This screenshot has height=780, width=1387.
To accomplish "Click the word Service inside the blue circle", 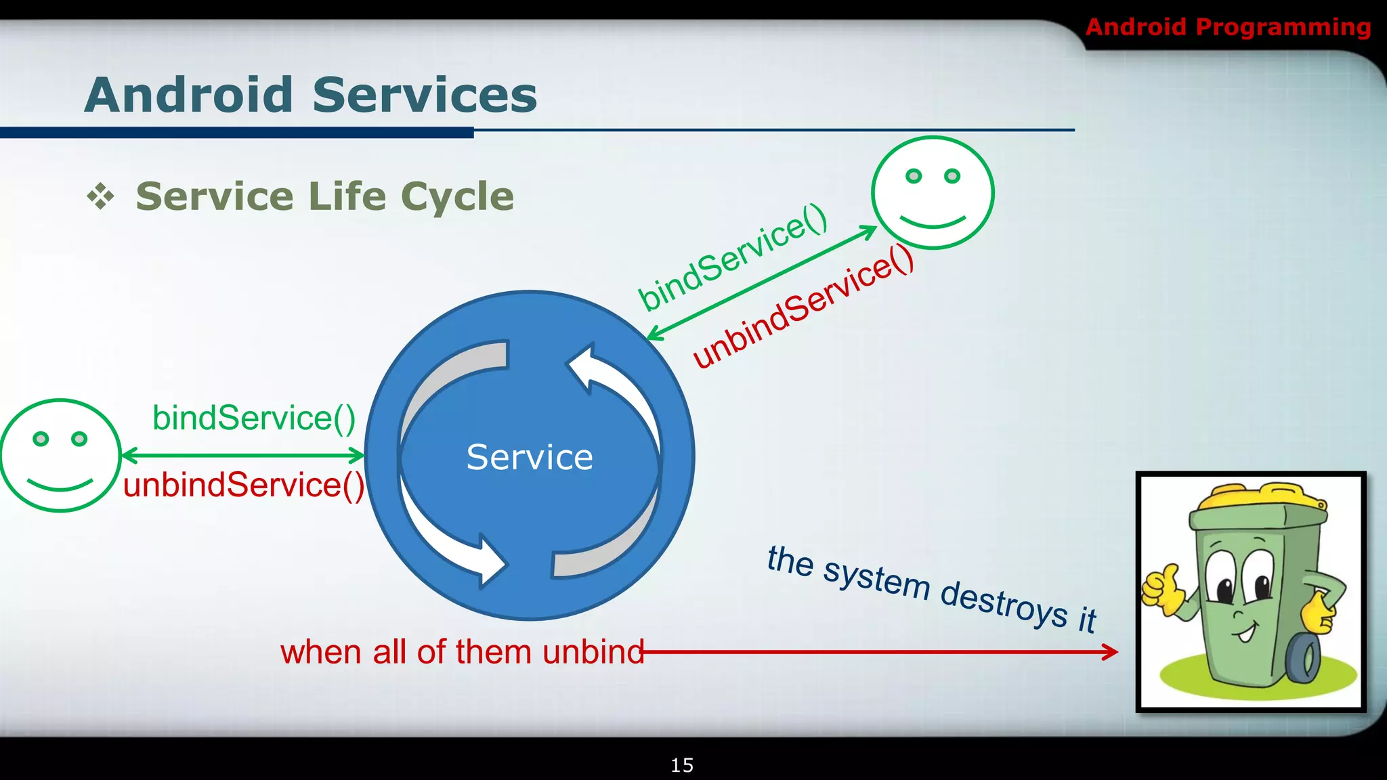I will (530, 457).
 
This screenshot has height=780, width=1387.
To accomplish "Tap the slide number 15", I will (682, 765).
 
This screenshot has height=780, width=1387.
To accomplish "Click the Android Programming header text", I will (1228, 27).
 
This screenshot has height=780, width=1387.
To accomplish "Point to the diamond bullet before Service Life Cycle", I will (101, 196).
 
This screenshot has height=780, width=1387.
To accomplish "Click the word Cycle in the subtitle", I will (457, 197).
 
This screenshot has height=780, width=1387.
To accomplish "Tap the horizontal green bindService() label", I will (254, 418).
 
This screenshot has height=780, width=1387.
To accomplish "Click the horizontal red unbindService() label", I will (244, 485).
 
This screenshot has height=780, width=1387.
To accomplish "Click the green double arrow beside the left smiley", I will (242, 456).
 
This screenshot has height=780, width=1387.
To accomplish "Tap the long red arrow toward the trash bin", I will (880, 652).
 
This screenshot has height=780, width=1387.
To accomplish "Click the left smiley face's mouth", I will (60, 485).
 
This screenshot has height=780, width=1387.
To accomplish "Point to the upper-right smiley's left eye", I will (914, 176).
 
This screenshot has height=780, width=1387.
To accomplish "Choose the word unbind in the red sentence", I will (593, 652).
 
